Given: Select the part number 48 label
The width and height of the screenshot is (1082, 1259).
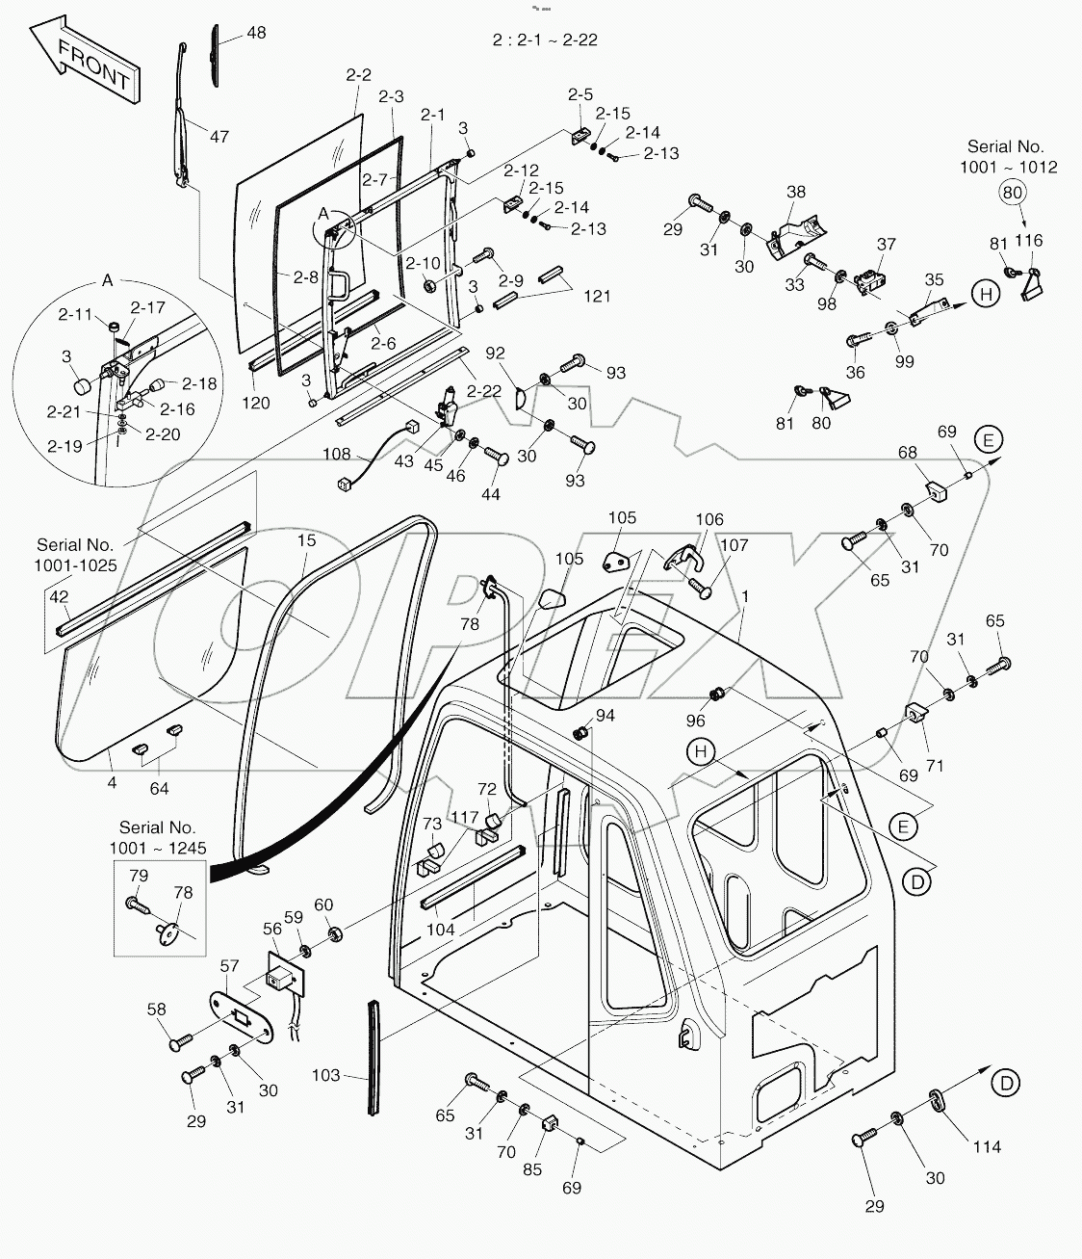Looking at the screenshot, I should [256, 33].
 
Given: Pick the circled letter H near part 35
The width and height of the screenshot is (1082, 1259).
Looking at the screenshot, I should [986, 294].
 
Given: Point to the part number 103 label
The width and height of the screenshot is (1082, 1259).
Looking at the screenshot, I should [326, 1074].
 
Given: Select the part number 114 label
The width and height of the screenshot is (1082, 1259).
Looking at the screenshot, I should [987, 1146].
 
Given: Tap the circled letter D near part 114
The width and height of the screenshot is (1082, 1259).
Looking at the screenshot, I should [1006, 1083].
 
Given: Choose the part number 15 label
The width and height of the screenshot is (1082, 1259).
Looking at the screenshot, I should [306, 542].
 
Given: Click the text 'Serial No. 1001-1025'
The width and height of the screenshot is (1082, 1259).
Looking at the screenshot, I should [77, 555].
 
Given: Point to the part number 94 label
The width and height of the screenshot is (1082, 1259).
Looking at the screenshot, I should [605, 716].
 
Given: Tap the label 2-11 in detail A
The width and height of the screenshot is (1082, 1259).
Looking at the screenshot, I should [75, 314].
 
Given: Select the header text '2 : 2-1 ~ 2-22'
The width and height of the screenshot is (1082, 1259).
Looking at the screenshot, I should [545, 40].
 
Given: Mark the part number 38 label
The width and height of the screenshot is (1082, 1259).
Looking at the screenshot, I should [795, 193].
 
